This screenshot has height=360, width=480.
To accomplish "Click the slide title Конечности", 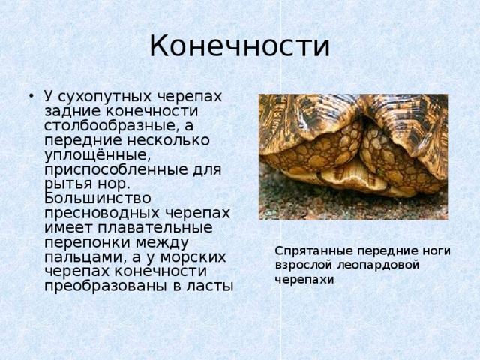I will pyautogui.click(x=239, y=46).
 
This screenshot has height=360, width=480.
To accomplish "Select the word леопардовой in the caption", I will pyautogui.click(x=376, y=264).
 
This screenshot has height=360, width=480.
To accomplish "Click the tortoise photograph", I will pyautogui.click(x=352, y=156).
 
